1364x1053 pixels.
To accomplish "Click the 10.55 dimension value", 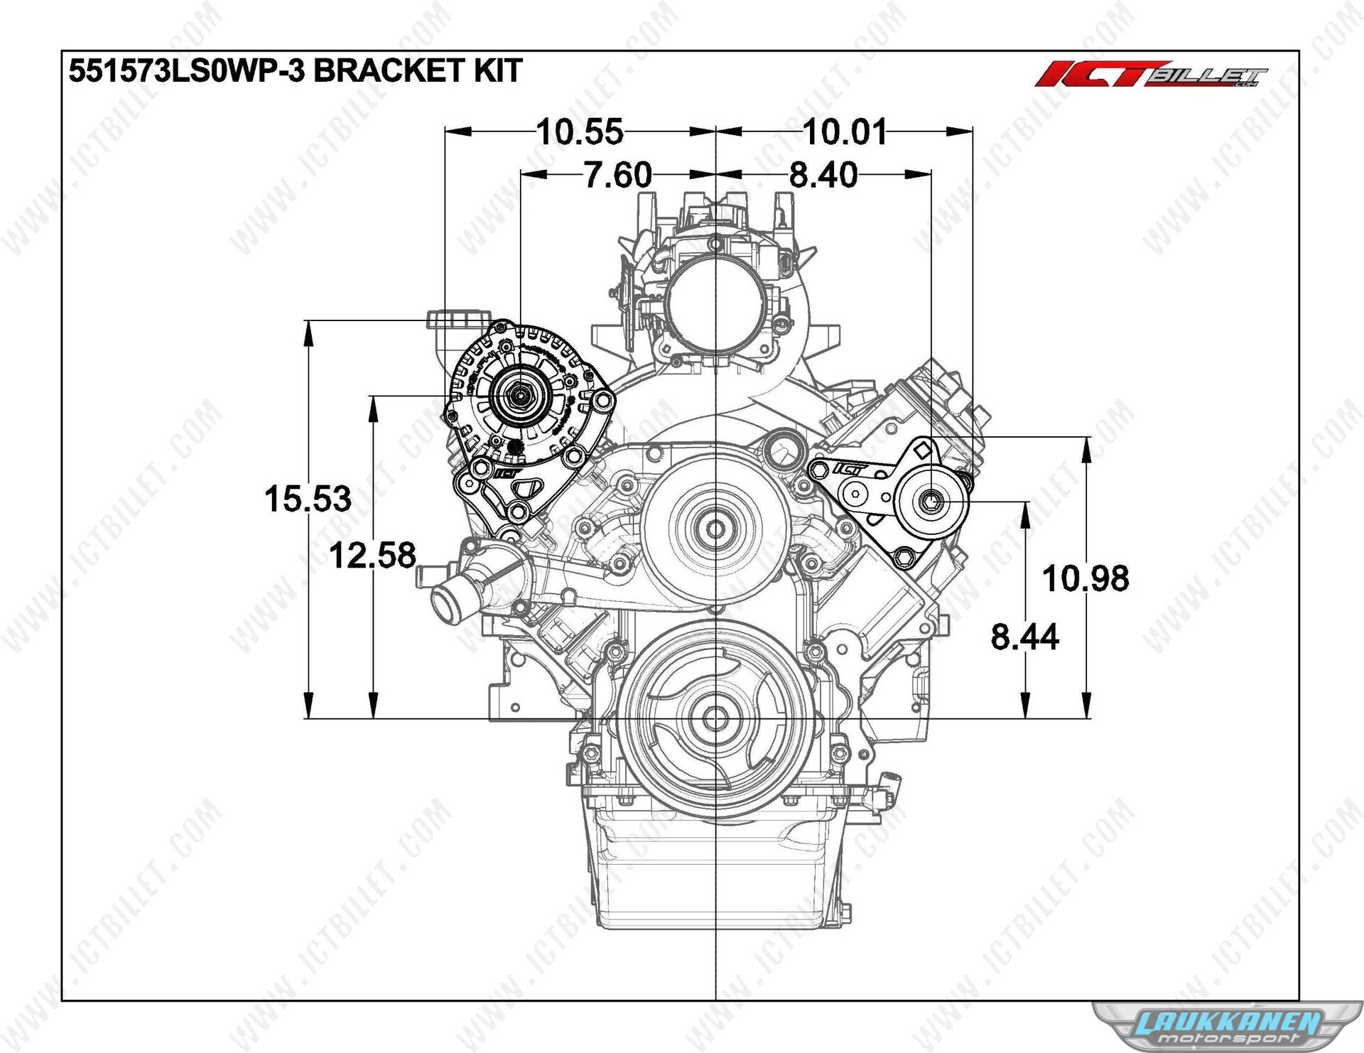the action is (x=580, y=132).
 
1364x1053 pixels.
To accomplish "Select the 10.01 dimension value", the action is (x=845, y=132).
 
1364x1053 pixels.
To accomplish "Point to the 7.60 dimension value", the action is (x=617, y=175).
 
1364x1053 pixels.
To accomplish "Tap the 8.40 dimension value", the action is (x=823, y=175).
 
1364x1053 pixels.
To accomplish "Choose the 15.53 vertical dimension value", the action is (x=308, y=499).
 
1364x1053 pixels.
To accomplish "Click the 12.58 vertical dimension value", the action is (x=373, y=556).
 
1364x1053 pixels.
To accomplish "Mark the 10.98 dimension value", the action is (x=1086, y=578).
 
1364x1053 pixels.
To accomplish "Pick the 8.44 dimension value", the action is (x=1024, y=637).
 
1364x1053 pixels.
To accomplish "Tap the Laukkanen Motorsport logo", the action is (x=1228, y=1026).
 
